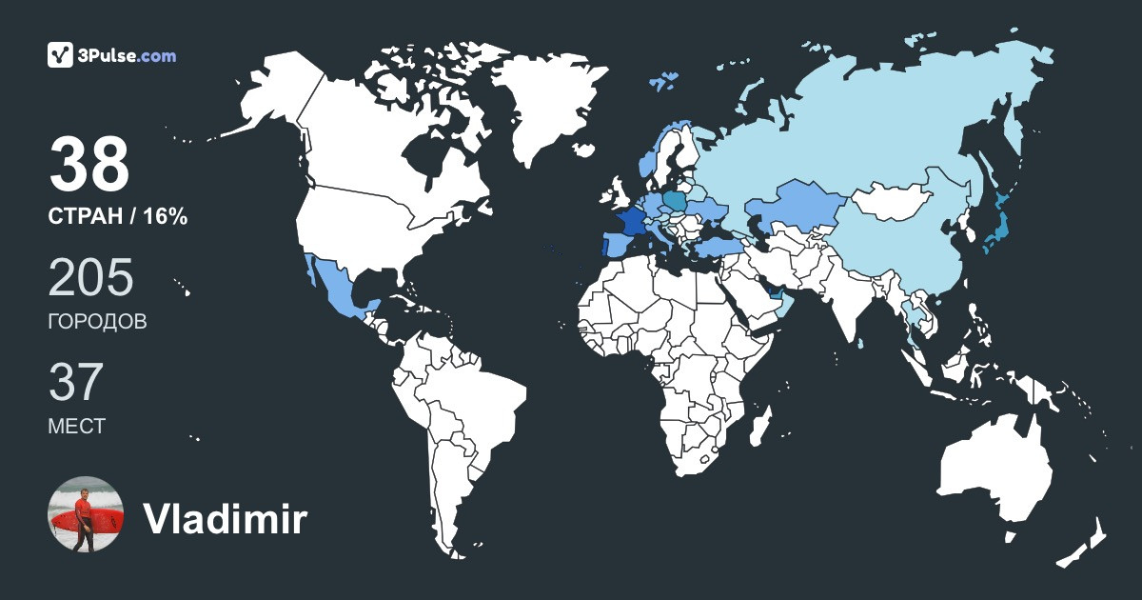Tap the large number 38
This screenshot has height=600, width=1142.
(89, 166)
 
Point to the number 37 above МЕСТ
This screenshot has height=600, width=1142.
(76, 383)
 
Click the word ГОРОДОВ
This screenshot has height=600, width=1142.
(97, 322)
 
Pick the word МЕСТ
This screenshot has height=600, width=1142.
(77, 426)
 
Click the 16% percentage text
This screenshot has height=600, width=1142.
(166, 217)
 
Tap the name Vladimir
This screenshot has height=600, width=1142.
(225, 520)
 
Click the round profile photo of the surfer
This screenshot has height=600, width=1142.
(86, 514)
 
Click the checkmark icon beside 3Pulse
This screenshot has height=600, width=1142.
(61, 55)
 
